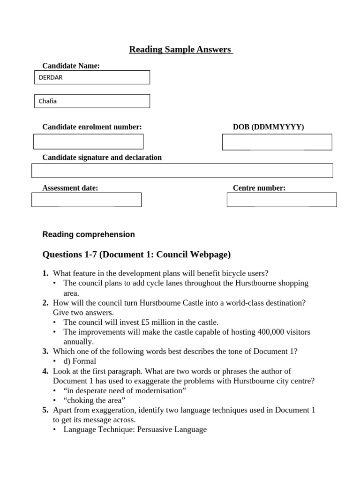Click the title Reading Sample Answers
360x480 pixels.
coord(181,49)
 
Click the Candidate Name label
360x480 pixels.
coord(71,66)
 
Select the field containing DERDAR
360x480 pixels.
coord(92,77)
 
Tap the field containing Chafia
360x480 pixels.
coord(92,101)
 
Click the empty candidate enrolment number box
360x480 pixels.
coord(88,142)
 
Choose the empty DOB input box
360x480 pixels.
coord(277,142)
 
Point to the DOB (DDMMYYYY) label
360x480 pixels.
coord(268,127)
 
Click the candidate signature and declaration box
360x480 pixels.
coord(182,171)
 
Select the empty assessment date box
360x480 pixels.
coord(86,200)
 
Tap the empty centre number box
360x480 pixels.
coord(281,200)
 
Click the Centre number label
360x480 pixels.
coord(259,188)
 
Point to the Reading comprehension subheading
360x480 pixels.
coord(89,234)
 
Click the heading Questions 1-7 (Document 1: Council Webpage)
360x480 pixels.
coord(136,255)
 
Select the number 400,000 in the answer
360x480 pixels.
coord(271,332)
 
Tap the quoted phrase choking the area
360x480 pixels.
coord(95,400)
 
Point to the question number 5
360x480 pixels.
coord(45,410)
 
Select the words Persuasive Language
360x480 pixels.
coord(172,429)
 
